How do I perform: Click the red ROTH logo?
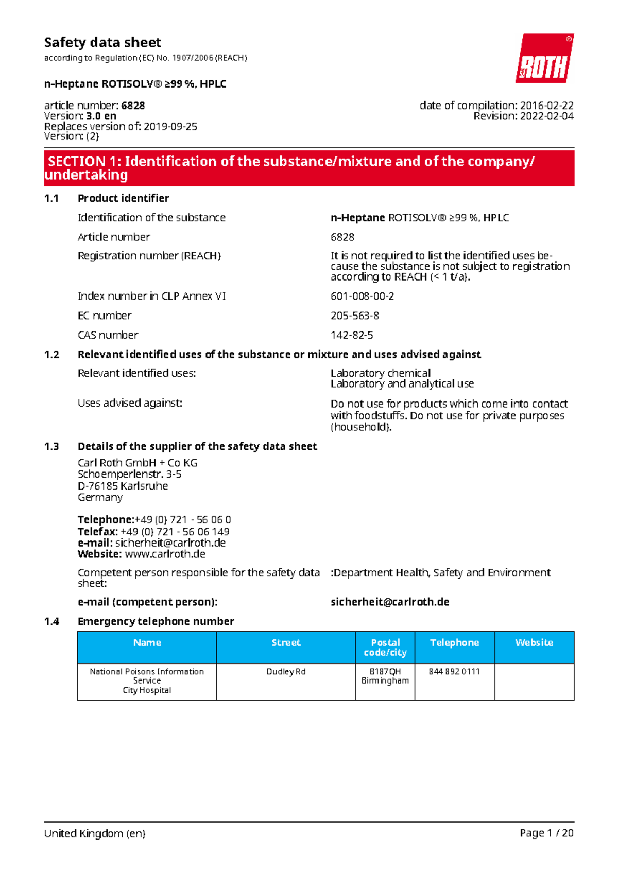tap(544, 59)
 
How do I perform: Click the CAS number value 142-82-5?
tap(352, 335)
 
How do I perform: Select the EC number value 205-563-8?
tap(354, 316)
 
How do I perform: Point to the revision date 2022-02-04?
tap(546, 116)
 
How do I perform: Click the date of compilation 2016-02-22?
tap(546, 106)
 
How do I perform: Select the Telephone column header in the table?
tap(454, 643)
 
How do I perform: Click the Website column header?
tap(534, 643)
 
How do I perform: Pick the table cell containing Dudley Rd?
tap(286, 672)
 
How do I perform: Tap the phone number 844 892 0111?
tap(454, 672)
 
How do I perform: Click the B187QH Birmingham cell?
tap(385, 676)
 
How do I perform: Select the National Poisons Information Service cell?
tap(147, 680)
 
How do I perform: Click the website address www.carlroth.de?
tap(165, 554)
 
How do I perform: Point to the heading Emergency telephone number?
tap(156, 621)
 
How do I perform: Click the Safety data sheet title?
tap(102, 42)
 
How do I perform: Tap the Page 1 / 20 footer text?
tap(546, 833)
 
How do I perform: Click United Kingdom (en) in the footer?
tap(95, 833)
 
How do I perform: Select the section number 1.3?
tap(51, 446)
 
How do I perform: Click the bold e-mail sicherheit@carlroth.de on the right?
tap(390, 602)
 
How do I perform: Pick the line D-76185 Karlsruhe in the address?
tap(123, 486)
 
